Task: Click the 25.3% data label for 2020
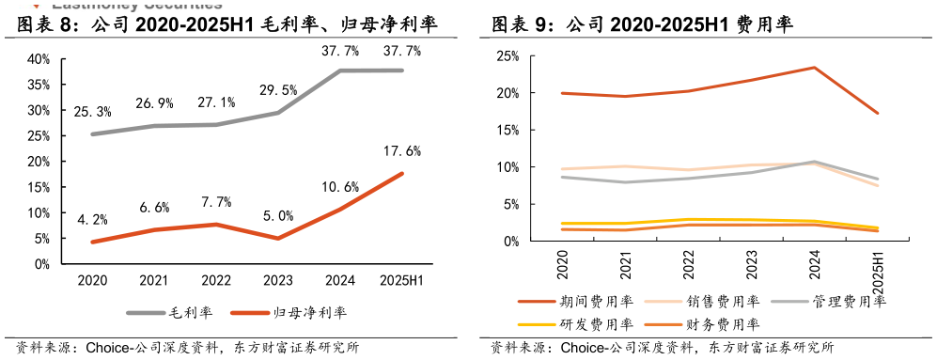92,112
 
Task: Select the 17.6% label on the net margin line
402,150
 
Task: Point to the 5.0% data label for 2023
278,215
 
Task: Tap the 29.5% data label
278,90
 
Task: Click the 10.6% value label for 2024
340,186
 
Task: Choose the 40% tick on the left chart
38,58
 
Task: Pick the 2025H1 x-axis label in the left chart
402,280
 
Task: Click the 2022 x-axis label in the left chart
216,280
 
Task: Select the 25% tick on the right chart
507,56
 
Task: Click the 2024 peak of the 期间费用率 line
814,68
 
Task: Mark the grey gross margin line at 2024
340,70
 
